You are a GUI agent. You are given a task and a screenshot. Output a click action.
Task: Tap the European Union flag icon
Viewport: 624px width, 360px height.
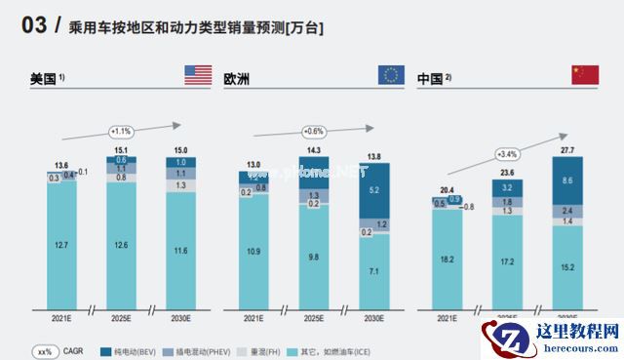click(392, 75)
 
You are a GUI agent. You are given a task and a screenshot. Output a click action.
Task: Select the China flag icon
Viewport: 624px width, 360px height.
click(584, 75)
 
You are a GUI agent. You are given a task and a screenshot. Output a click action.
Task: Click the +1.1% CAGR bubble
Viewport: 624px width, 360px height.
click(121, 131)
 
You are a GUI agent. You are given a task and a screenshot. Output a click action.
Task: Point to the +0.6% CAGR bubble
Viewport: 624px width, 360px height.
click(313, 131)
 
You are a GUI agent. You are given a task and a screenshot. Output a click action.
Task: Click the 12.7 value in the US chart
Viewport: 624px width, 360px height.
click(61, 245)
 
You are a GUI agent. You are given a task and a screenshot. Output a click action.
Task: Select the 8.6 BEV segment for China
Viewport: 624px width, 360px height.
click(567, 181)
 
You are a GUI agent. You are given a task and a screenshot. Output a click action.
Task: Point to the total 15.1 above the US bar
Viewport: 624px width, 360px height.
click(121, 150)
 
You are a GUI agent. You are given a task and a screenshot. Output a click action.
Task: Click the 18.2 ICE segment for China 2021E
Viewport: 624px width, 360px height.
click(448, 260)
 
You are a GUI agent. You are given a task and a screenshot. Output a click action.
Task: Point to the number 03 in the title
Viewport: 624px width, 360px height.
click(34, 28)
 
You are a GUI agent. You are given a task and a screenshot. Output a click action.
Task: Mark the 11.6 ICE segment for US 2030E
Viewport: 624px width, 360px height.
click(180, 251)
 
